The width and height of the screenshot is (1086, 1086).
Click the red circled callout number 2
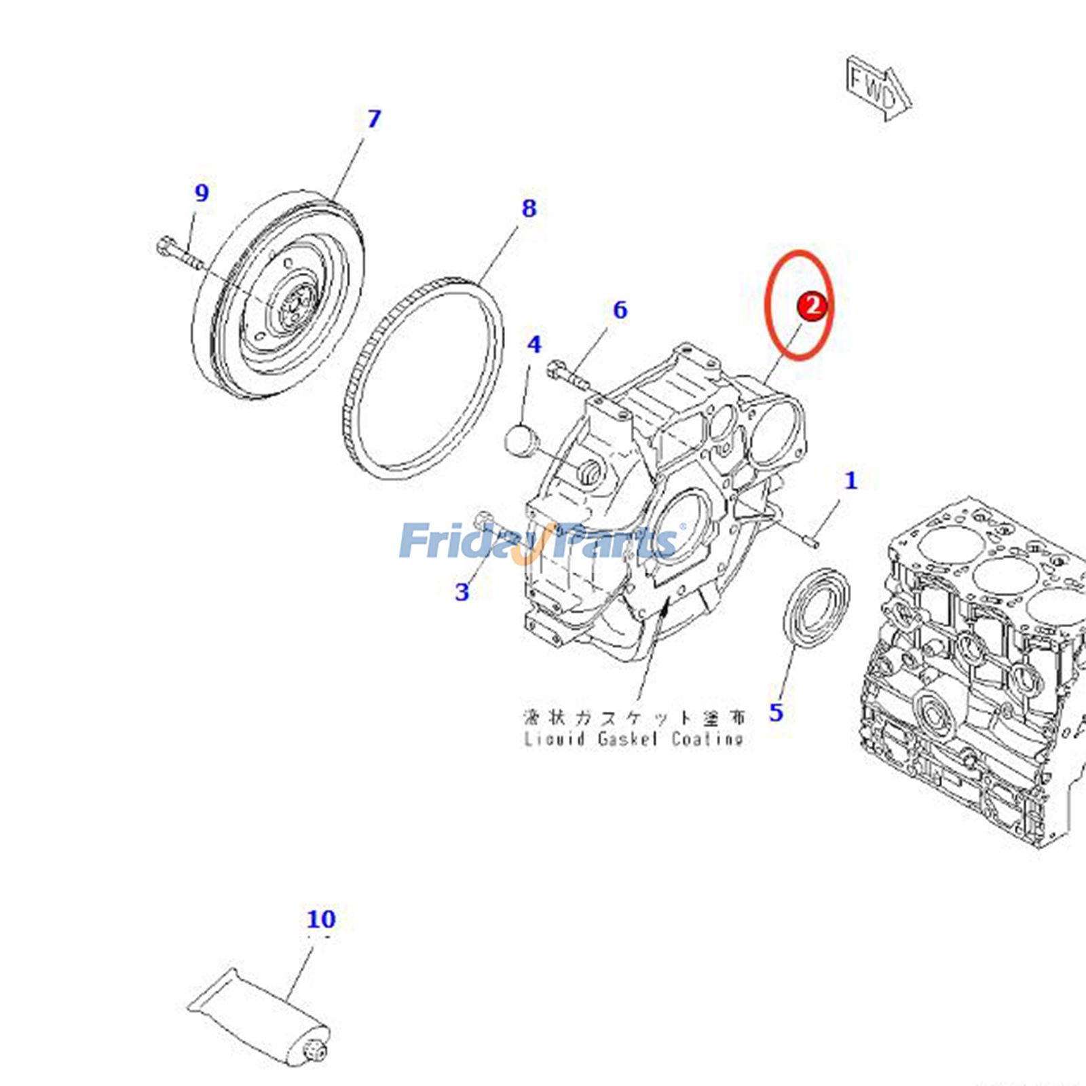coord(812,306)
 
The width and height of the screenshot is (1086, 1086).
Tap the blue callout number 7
coord(373,119)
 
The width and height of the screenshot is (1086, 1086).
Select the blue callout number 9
coord(202,193)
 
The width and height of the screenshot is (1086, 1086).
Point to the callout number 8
coord(529,208)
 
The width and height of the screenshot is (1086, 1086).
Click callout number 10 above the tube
coord(321,920)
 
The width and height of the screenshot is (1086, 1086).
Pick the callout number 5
coord(776,713)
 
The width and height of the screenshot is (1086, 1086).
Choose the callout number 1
coord(850,481)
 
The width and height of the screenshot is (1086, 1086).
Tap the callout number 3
coord(462,592)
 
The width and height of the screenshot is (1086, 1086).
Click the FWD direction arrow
coord(878,89)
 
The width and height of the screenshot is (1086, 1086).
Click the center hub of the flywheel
coord(297,307)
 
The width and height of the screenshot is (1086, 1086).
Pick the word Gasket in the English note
coord(627,738)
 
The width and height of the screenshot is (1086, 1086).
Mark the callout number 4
coord(534,345)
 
